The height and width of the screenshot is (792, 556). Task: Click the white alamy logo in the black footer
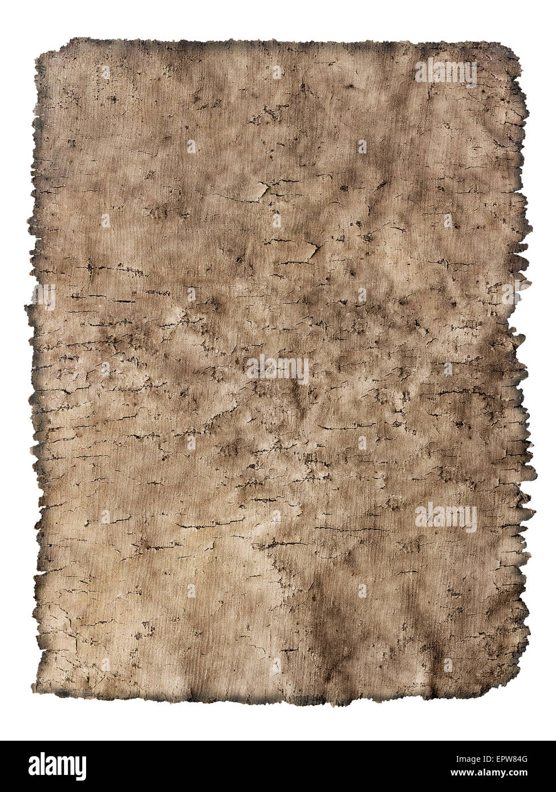click(50, 763)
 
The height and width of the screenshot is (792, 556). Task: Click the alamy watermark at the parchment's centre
click(278, 369)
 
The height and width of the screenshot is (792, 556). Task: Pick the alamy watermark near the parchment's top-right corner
click(445, 72)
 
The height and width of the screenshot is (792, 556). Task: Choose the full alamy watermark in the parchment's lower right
click(445, 517)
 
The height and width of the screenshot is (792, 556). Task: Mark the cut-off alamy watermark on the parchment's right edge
click(512, 295)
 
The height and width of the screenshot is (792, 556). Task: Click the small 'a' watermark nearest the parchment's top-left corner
click(105, 72)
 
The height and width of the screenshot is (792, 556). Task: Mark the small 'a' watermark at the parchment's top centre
click(277, 72)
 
